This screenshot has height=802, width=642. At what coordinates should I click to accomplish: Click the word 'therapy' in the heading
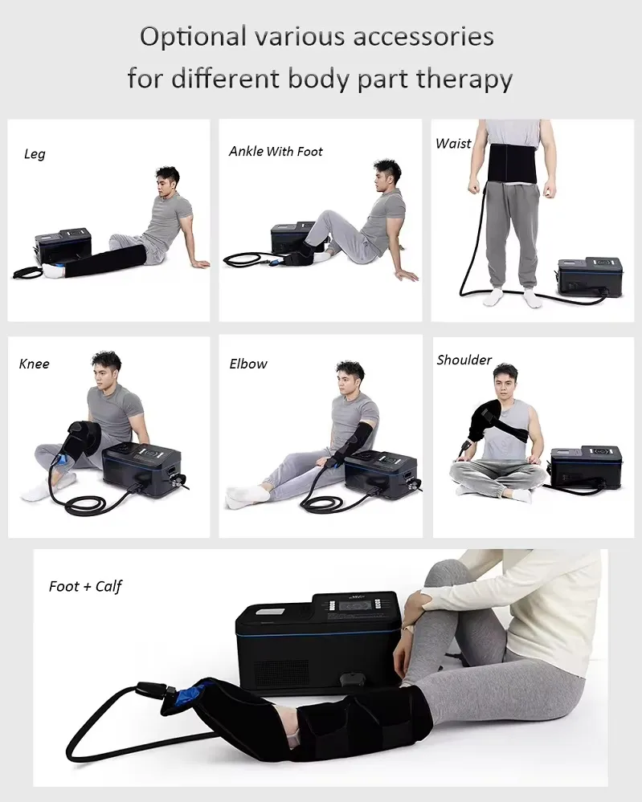point(464,79)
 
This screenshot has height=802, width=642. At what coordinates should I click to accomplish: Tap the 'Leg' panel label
point(35,154)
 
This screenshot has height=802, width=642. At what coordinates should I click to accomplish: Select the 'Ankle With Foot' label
point(276,152)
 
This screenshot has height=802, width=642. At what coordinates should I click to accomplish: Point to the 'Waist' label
point(453,144)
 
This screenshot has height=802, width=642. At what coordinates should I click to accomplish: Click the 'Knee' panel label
point(35,364)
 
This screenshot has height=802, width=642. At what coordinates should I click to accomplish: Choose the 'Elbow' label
point(248,364)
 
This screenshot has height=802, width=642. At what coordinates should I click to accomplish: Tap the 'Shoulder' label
point(464,360)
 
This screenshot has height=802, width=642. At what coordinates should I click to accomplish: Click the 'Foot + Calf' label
point(85,587)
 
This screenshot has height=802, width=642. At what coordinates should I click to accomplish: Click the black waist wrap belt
point(513,163)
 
